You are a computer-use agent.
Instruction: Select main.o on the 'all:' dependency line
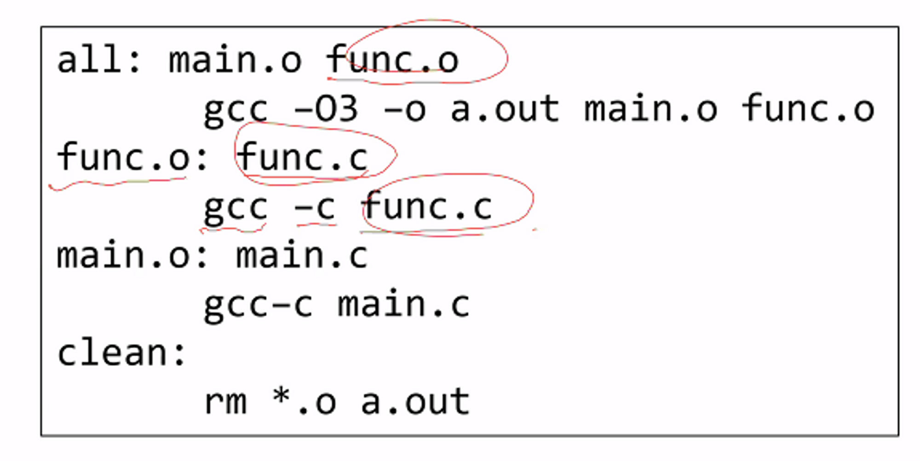[235, 60]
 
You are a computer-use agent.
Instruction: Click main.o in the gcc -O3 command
[650, 109]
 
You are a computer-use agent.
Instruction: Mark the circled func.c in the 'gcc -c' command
[428, 207]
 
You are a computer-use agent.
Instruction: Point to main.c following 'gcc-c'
[403, 304]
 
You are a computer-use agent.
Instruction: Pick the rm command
[225, 402]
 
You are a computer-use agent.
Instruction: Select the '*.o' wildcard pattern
[304, 402]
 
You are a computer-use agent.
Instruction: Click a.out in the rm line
[415, 402]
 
